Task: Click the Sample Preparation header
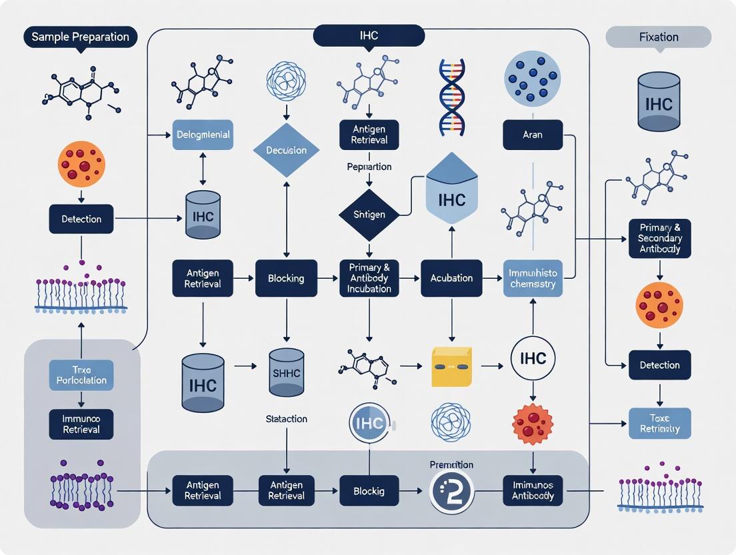tap(80, 37)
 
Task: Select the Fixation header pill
tap(658, 37)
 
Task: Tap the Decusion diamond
tap(287, 150)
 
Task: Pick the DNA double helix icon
tap(452, 97)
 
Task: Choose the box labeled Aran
tap(533, 135)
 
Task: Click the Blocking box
tap(287, 278)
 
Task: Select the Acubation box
tap(452, 278)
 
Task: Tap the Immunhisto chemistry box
tap(533, 278)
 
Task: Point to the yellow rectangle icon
tap(451, 366)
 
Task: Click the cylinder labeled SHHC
tap(287, 374)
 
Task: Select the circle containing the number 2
tap(451, 492)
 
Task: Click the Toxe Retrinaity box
tap(659, 424)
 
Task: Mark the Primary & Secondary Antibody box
tap(659, 238)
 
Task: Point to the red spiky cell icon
tap(533, 424)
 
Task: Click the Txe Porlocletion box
tap(81, 375)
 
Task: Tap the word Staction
tap(286, 419)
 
